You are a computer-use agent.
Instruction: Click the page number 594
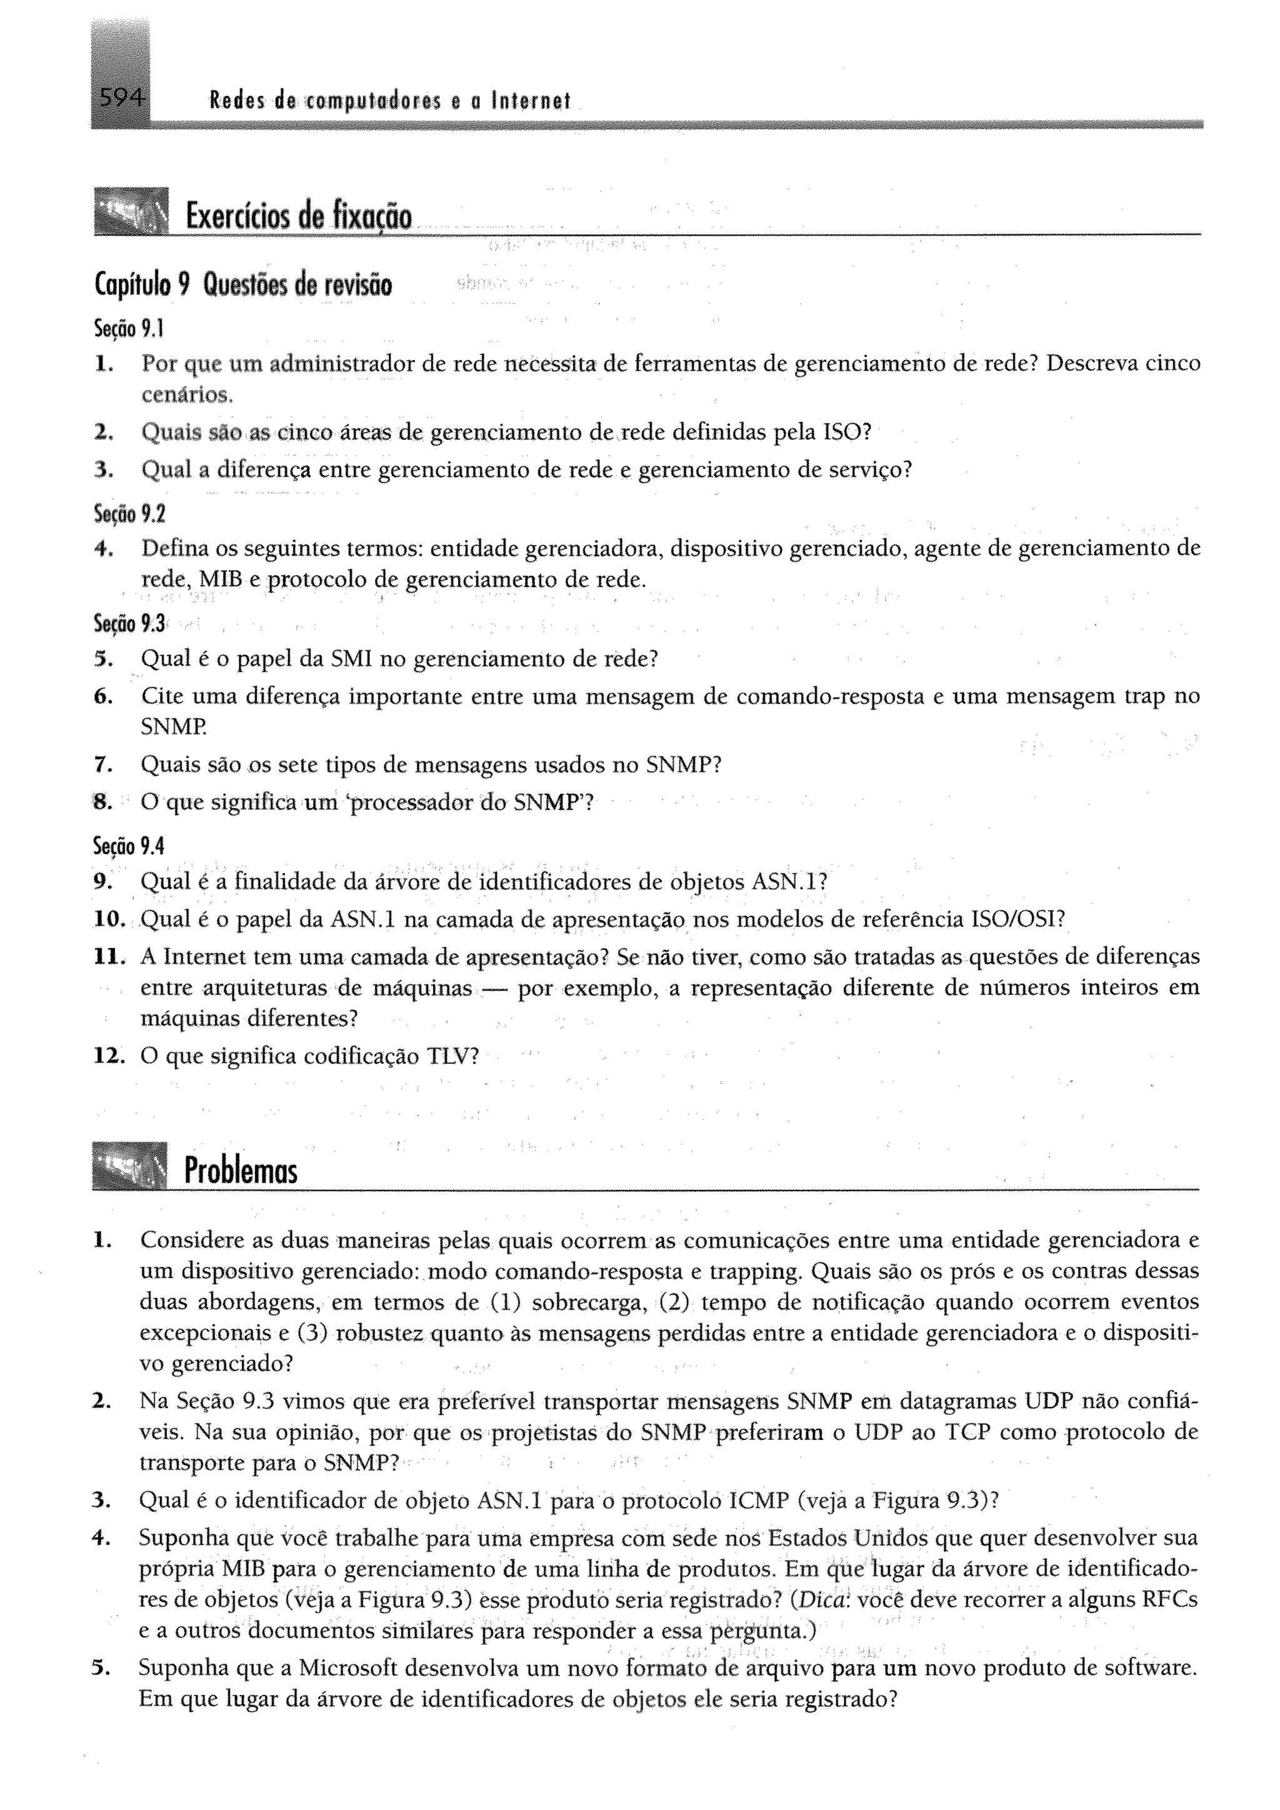tap(120, 99)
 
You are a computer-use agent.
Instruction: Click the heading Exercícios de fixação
tap(298, 215)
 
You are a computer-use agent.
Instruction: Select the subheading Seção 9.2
tap(129, 514)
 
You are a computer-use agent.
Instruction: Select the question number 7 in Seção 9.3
tap(101, 764)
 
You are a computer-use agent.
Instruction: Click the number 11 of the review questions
tap(108, 957)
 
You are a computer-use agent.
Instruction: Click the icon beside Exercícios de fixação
tap(131, 211)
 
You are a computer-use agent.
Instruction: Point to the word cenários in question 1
tap(186, 394)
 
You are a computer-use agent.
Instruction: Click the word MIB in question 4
tap(221, 579)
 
